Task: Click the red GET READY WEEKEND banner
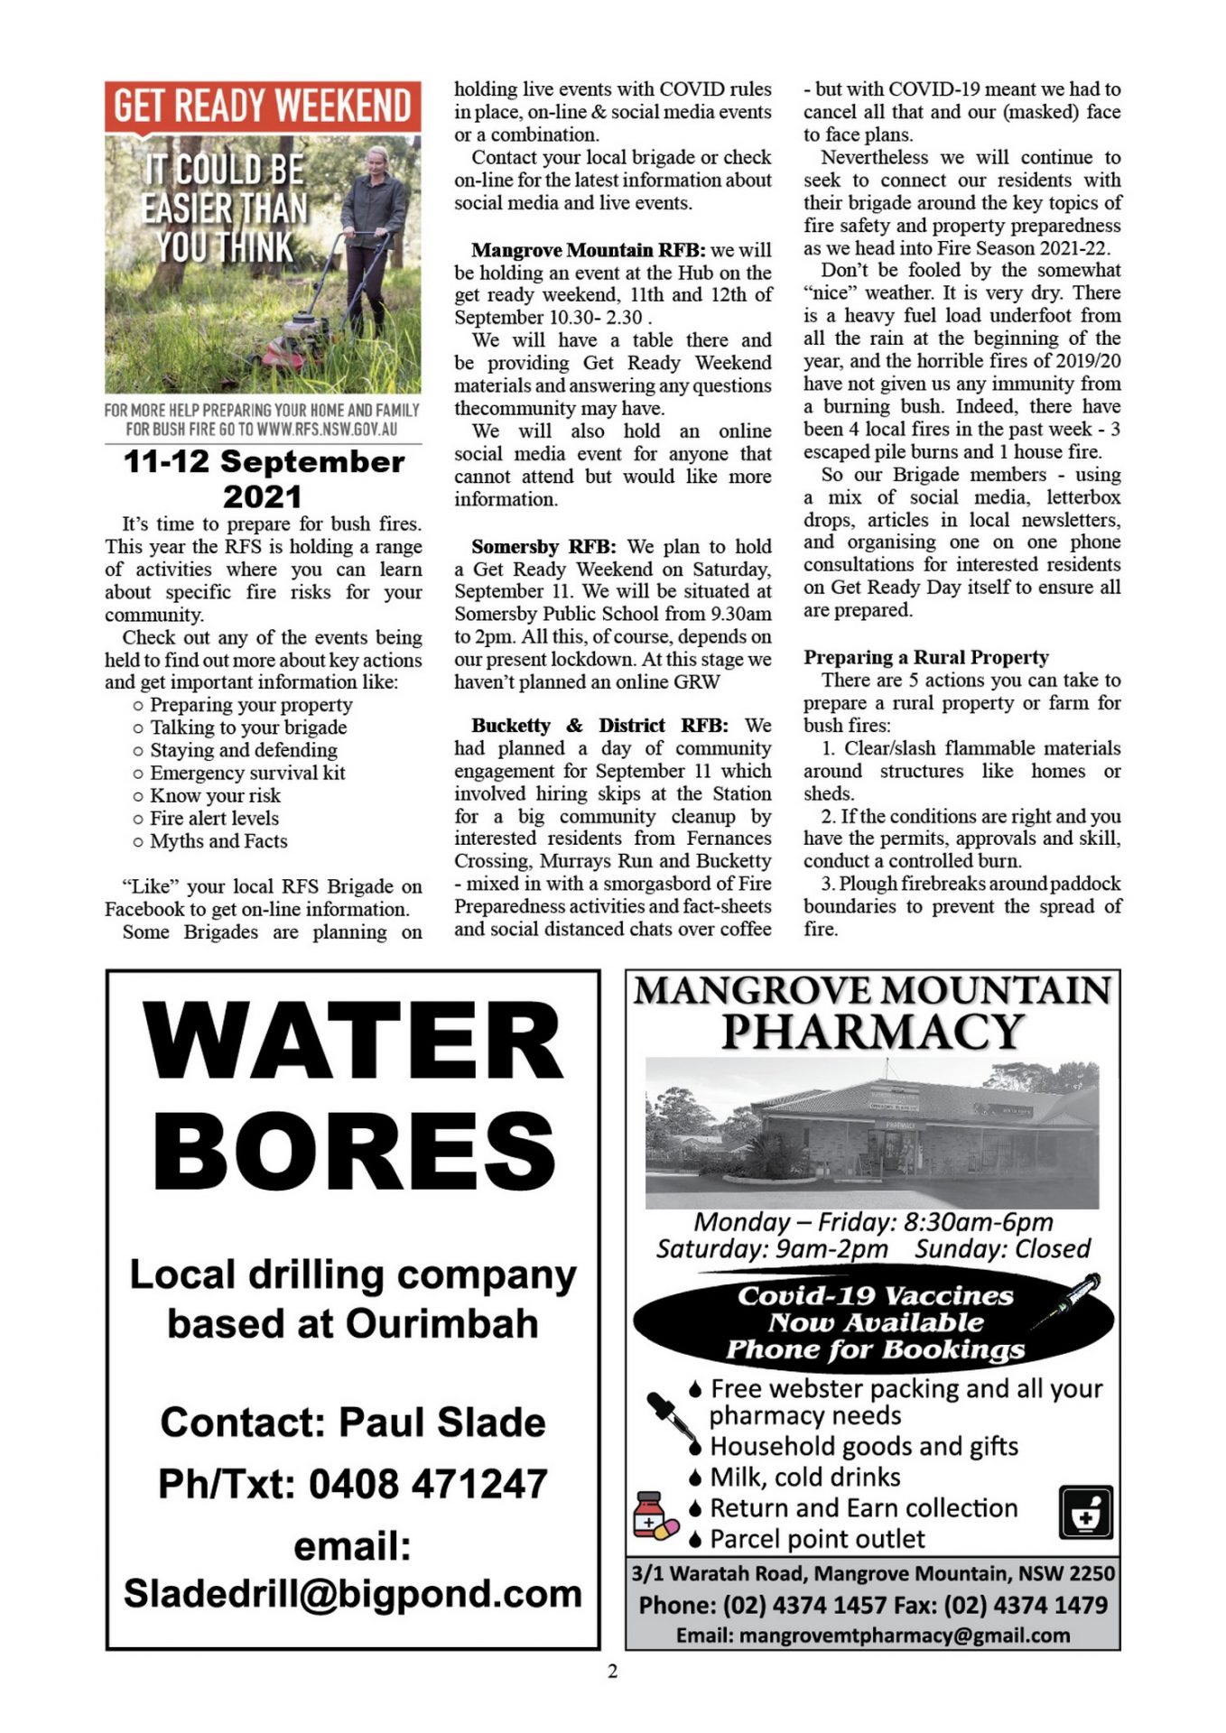point(262,107)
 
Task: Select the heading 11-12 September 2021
point(263,478)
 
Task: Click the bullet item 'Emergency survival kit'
point(246,773)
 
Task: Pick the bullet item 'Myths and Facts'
point(218,841)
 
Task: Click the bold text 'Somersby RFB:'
point(543,547)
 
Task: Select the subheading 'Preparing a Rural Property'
point(925,657)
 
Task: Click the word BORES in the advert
point(353,1151)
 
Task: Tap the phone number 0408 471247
point(428,1484)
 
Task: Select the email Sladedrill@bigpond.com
point(353,1594)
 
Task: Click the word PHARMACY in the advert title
point(872,1032)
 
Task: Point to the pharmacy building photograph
point(872,1135)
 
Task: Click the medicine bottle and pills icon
point(655,1515)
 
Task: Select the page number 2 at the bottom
point(613,1672)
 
